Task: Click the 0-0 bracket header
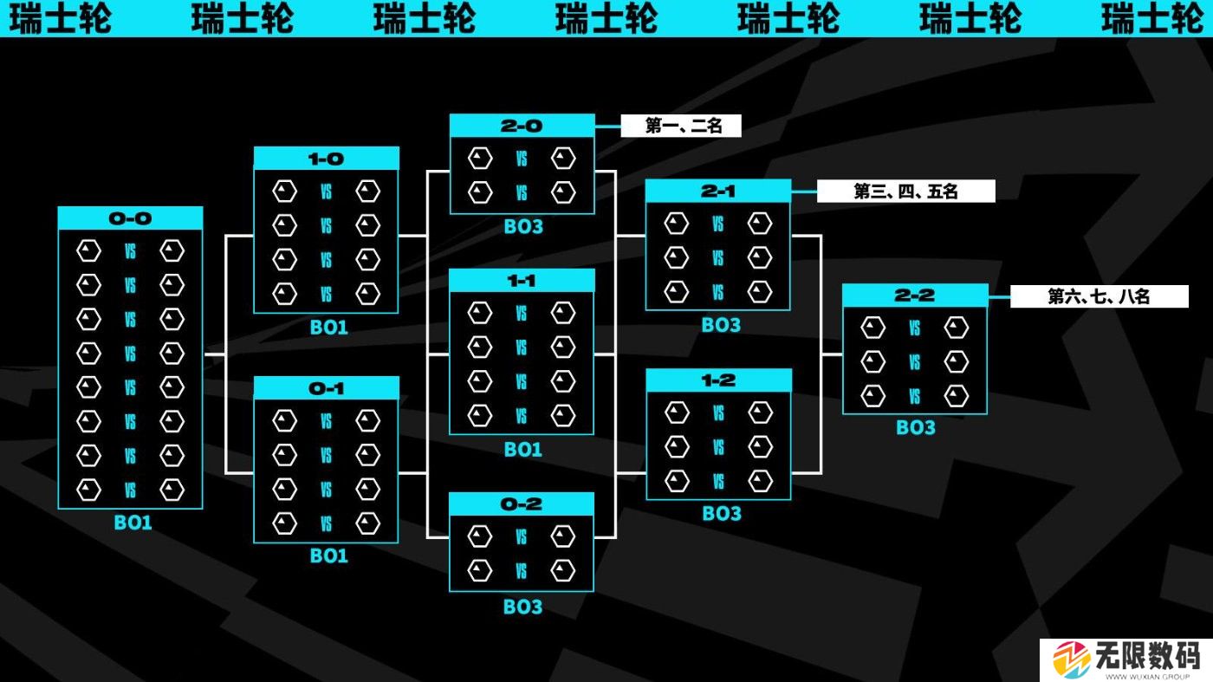click(130, 218)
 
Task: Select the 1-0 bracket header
click(326, 159)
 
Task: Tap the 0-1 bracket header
click(326, 388)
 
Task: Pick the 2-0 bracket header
click(522, 126)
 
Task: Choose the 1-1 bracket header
click(522, 281)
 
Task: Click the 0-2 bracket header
click(522, 504)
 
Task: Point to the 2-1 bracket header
click(717, 191)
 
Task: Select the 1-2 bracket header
click(718, 380)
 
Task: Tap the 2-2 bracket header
click(915, 296)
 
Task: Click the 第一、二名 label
click(682, 127)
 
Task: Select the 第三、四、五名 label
click(905, 192)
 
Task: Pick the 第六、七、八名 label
click(1099, 296)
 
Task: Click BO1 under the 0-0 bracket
click(133, 523)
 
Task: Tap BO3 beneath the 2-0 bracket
click(523, 227)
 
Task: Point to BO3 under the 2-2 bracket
click(916, 427)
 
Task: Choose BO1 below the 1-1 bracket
click(522, 449)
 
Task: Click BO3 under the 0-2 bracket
click(522, 607)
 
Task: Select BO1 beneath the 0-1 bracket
click(328, 555)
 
